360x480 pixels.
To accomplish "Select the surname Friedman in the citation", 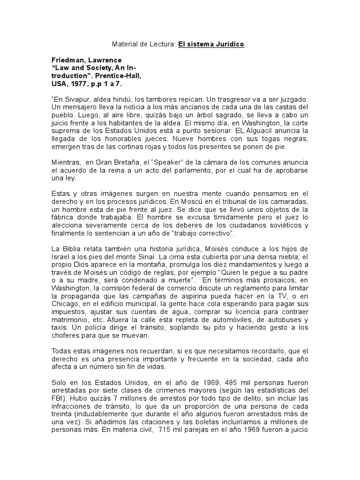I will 68,60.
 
